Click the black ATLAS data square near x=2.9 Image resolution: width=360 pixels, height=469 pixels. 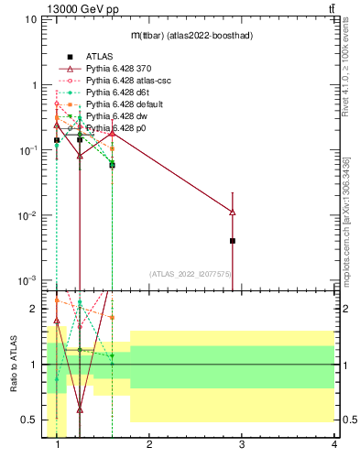coord(233,241)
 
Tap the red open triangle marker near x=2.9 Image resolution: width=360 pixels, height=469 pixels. coord(233,212)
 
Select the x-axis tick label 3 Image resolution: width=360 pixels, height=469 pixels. coord(242,443)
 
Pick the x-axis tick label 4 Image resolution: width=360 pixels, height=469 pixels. coord(333,443)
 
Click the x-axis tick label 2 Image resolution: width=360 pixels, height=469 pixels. coord(149,443)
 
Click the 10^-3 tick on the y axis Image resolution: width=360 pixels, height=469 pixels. coord(27,280)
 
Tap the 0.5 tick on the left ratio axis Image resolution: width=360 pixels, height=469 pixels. coord(29,420)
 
